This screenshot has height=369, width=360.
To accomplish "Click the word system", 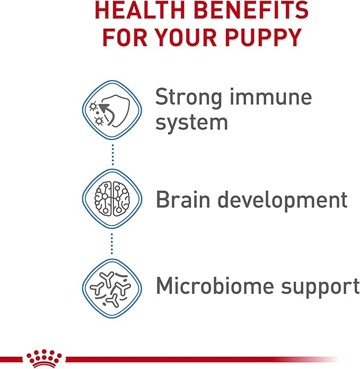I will click(x=191, y=122).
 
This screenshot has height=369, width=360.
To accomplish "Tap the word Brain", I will click(x=183, y=200).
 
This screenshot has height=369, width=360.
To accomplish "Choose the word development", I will click(x=284, y=200).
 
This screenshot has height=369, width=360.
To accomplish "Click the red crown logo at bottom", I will click(x=45, y=359).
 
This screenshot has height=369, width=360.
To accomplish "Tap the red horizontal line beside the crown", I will click(x=201, y=359).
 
